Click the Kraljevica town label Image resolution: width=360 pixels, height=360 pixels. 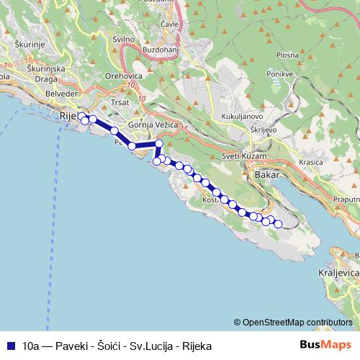(x=337, y=274)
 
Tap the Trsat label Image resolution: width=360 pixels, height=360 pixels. (x=120, y=103)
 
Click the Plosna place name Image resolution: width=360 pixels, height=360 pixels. (x=287, y=54)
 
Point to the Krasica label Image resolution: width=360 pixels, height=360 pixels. (x=311, y=162)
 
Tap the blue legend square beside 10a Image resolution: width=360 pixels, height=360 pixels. (x=11, y=346)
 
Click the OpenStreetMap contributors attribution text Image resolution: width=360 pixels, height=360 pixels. (x=297, y=323)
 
